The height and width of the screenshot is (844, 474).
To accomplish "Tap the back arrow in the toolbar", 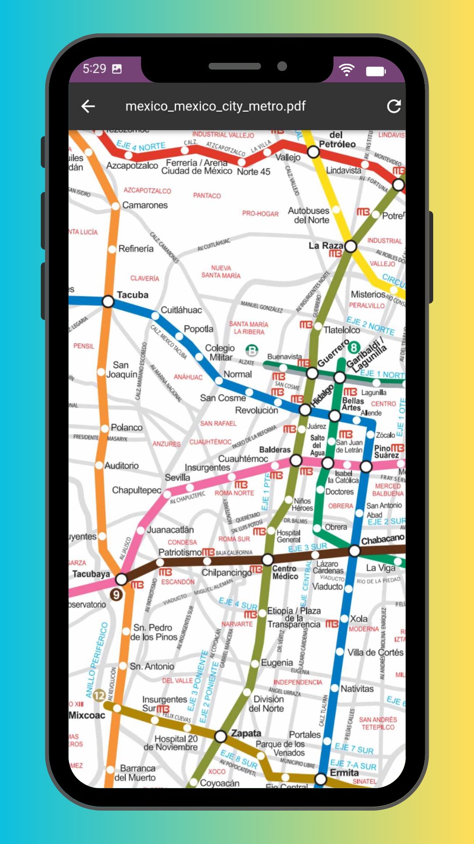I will [88, 106].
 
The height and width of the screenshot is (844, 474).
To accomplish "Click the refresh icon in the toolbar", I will [394, 106].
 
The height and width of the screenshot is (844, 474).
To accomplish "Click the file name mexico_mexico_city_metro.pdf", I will [215, 106].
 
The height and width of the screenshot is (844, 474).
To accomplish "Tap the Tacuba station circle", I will [108, 302].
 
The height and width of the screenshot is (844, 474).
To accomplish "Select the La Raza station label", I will [325, 245].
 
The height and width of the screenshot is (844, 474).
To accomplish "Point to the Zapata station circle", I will [220, 736].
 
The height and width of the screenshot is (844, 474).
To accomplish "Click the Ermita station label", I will [344, 773].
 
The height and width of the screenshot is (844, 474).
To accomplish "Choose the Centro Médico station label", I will [285, 572].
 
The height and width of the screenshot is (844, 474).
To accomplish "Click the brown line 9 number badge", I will [116, 595].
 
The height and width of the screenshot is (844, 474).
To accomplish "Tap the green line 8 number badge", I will [354, 348].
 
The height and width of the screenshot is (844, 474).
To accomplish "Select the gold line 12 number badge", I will [99, 695].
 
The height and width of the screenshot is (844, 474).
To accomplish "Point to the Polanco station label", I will [126, 427].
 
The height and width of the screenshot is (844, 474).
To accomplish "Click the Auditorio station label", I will [122, 466].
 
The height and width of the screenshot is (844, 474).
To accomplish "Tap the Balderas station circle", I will [296, 460].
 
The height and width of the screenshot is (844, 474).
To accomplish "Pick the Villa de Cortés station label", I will [375, 652].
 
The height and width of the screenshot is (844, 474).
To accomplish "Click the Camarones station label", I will [145, 205].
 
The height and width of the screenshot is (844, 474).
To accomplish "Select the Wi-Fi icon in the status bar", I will [347, 69].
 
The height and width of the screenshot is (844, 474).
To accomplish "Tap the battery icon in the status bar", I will [376, 71].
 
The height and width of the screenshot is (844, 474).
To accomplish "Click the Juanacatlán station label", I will [170, 530].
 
